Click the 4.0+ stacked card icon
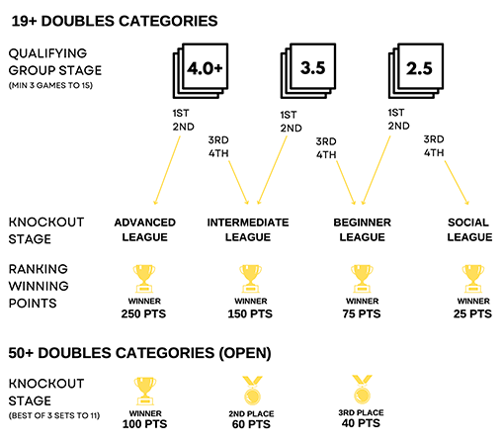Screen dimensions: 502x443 (201, 71)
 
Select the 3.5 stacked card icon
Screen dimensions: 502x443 (308, 71)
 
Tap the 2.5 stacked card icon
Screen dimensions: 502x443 (416, 71)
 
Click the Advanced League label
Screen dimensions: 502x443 (144, 229)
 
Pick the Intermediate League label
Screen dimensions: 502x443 (248, 229)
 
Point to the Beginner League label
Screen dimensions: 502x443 (362, 229)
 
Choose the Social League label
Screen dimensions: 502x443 (469, 229)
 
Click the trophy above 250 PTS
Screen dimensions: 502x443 (144, 279)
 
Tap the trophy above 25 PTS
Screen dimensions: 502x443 (473, 279)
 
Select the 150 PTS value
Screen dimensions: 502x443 (250, 313)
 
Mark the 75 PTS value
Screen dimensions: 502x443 (362, 313)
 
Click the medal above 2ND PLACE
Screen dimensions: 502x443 (252, 391)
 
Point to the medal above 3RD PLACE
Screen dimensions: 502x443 (362, 390)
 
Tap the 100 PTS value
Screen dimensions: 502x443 (144, 424)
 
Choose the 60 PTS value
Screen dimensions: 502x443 (251, 424)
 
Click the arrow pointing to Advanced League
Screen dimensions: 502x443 (167, 170)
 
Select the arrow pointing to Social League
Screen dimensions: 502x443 (457, 183)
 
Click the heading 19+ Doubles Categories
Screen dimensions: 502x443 (115, 21)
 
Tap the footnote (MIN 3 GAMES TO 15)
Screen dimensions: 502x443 (50, 85)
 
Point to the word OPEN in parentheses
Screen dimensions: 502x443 (245, 353)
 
